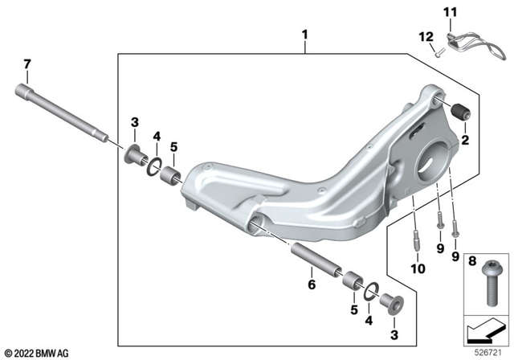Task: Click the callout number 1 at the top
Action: pos(304,35)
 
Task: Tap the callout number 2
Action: pos(463,139)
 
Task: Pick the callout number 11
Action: pos(472,12)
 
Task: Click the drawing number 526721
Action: pos(489,351)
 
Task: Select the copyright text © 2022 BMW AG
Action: pos(37,352)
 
